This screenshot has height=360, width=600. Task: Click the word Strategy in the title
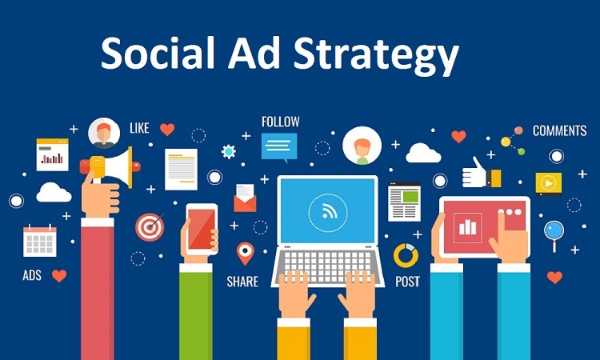coord(376,54)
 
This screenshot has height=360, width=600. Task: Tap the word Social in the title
coord(158,52)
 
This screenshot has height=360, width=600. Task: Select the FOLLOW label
coord(281,122)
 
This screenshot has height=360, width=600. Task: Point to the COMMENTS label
coord(559,131)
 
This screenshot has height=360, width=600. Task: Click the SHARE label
coord(242,282)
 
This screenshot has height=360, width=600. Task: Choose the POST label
coord(407,282)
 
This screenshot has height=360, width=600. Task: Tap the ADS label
coord(32,275)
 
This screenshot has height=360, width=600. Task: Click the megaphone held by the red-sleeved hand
coord(110,166)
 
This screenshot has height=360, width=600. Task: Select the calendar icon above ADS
coord(40,240)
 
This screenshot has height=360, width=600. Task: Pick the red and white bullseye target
coord(150,227)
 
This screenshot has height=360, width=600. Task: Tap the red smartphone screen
coord(202,230)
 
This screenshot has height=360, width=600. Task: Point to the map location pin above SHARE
coord(246,253)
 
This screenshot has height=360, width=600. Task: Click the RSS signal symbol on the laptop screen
coord(328,211)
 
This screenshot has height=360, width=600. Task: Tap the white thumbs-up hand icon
coord(474,174)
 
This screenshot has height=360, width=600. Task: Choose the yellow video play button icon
coord(549,184)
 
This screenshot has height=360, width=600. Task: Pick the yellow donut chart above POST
coord(406,255)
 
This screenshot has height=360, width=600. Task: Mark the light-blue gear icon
coord(229,151)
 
